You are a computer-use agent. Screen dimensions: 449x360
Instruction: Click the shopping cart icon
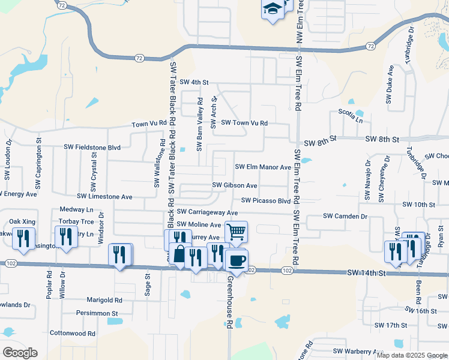(x=236, y=231)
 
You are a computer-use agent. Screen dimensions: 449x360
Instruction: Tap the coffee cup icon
(x=237, y=260)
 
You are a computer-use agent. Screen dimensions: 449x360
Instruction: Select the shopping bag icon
(x=179, y=254)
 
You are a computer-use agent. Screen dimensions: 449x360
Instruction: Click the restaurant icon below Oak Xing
(x=23, y=238)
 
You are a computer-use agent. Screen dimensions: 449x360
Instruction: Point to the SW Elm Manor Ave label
(x=262, y=167)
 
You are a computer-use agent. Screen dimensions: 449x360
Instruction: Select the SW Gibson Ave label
(x=235, y=186)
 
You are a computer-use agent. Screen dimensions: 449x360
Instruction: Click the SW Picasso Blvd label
(x=266, y=201)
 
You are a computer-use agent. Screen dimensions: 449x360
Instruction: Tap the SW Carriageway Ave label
(x=207, y=213)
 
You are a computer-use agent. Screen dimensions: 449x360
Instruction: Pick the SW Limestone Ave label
(x=104, y=197)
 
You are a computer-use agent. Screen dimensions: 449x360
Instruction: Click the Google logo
(x=20, y=352)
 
